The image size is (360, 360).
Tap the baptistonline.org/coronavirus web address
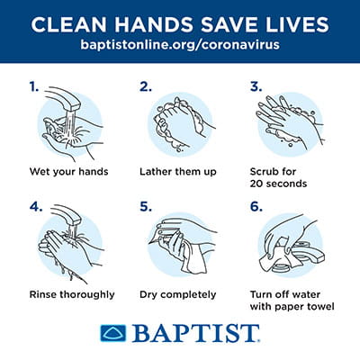tap(180, 44)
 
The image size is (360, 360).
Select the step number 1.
tap(32, 87)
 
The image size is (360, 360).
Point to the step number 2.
tap(144, 87)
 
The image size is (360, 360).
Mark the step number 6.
tap(256, 205)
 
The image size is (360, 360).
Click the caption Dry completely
tap(177, 293)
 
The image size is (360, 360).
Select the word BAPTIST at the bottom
tap(194, 335)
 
